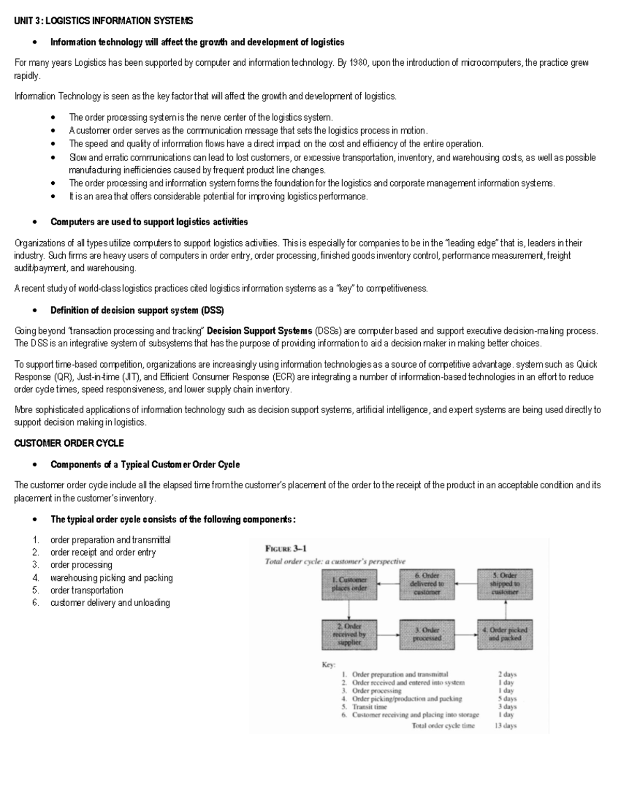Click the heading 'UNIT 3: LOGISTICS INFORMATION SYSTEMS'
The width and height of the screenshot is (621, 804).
pos(103,21)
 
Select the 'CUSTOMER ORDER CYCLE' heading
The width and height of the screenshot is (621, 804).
pos(69,443)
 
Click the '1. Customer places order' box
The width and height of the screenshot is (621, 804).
pos(349,584)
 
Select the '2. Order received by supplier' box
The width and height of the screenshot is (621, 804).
pos(349,634)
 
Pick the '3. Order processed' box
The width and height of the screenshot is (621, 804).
pos(427,634)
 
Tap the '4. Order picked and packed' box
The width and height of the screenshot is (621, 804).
pos(505,634)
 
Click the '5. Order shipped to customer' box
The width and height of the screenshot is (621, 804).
pos(505,584)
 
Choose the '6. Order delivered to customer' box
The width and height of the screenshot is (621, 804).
pos(427,584)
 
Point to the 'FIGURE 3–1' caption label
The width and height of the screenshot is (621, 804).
pos(286,549)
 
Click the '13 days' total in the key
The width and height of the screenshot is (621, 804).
pos(505,725)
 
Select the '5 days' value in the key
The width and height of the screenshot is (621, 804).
pos(507,698)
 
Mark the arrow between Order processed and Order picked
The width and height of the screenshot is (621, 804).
pos(466,635)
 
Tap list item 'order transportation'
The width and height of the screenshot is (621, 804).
pos(86,590)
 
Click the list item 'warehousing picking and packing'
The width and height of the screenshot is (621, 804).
pos(111,578)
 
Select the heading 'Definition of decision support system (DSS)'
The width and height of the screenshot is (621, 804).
pos(137,311)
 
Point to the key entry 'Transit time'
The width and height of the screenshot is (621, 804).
pos(369,707)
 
